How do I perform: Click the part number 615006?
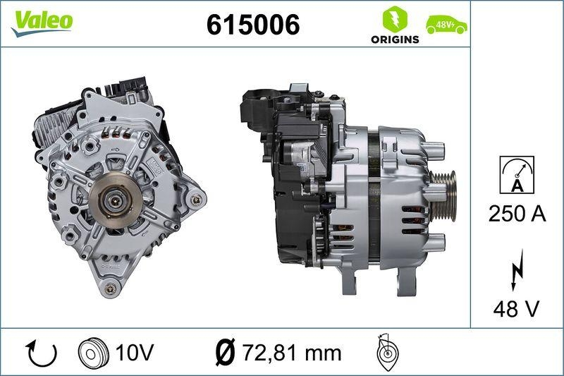[252, 25]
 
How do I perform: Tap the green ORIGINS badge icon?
[395, 18]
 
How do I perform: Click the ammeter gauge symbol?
[517, 175]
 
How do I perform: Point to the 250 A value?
[517, 214]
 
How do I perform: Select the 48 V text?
[517, 308]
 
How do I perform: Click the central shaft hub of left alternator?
[115, 200]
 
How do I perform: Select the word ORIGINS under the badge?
[395, 40]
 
